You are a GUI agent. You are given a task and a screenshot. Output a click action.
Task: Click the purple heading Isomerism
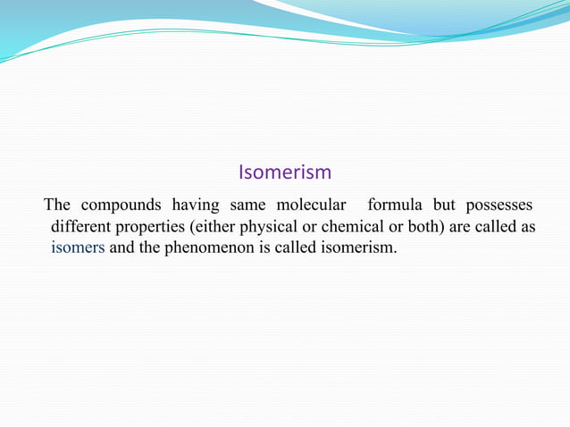(285, 172)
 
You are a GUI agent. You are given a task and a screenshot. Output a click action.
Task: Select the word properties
(153, 228)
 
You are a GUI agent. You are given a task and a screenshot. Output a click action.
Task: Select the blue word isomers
(79, 247)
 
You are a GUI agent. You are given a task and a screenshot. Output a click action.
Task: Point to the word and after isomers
(122, 247)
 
